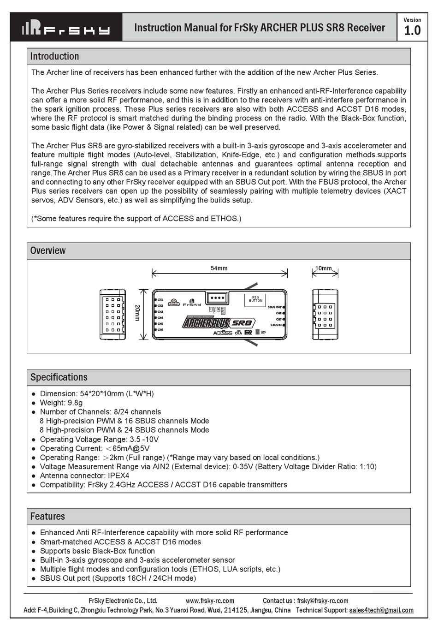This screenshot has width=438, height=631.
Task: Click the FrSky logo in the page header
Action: click(x=66, y=28)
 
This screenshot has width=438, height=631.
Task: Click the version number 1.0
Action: click(x=412, y=31)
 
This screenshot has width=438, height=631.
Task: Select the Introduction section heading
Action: click(x=54, y=57)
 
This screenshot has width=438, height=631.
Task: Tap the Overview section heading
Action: click(x=48, y=251)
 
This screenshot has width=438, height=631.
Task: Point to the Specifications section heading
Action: click(x=59, y=377)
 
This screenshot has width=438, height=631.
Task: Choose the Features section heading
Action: click(x=47, y=517)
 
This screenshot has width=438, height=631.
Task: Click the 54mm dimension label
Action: click(x=219, y=268)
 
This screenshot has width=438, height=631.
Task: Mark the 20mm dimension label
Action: click(x=137, y=312)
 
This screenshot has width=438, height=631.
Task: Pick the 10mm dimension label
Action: click(x=323, y=268)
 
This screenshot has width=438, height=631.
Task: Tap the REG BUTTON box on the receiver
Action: click(x=255, y=299)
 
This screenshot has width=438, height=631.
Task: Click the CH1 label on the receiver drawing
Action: click(x=160, y=300)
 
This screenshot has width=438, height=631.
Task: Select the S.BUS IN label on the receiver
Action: click(x=276, y=325)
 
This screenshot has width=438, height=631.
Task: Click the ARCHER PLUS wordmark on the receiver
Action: click(x=206, y=323)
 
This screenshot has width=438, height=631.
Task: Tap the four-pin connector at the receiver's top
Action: click(x=217, y=298)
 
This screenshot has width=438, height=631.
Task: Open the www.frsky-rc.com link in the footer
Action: click(x=210, y=601)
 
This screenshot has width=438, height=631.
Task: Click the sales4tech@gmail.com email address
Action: click(x=381, y=610)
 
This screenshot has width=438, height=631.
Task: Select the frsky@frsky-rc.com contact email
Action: click(x=323, y=601)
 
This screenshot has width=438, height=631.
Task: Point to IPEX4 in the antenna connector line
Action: click(x=118, y=476)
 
